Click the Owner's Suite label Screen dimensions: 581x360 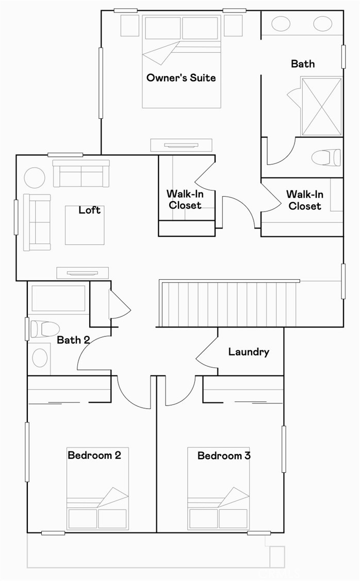[181, 78]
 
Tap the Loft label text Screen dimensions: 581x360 [89, 210]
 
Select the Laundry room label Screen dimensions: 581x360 [249, 352]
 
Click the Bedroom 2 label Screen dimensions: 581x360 [94, 456]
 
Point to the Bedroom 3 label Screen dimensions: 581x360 [224, 456]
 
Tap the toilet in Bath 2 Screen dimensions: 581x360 [44, 329]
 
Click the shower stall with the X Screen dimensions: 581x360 [320, 106]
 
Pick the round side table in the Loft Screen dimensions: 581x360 [35, 178]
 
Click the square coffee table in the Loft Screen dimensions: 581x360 [85, 225]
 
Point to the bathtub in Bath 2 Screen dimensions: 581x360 [58, 299]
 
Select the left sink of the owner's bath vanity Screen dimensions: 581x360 [281, 24]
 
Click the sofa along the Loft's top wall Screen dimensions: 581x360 [81, 174]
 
